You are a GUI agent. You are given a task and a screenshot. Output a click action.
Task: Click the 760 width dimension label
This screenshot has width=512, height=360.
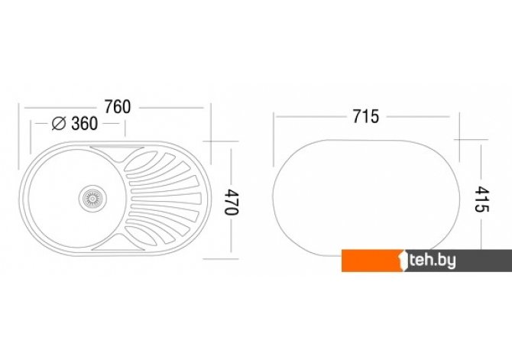(118, 107)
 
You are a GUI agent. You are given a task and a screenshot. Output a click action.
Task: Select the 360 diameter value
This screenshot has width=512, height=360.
(84, 124)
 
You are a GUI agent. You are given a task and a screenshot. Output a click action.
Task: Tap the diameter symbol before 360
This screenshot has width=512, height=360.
(59, 123)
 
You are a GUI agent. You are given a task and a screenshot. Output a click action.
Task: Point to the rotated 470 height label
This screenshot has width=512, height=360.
(232, 202)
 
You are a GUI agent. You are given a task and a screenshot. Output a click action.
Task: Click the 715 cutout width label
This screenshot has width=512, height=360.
(366, 116)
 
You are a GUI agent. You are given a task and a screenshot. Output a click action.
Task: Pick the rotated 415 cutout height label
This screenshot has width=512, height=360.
(481, 199)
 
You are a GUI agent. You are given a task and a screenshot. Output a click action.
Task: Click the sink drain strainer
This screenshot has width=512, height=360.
(92, 198)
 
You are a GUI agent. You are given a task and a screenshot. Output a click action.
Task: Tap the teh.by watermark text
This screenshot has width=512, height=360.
(433, 261)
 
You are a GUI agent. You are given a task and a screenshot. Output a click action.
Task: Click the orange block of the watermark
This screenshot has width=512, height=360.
(371, 261)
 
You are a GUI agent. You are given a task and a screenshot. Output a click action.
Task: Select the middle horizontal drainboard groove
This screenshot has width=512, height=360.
(165, 199)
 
